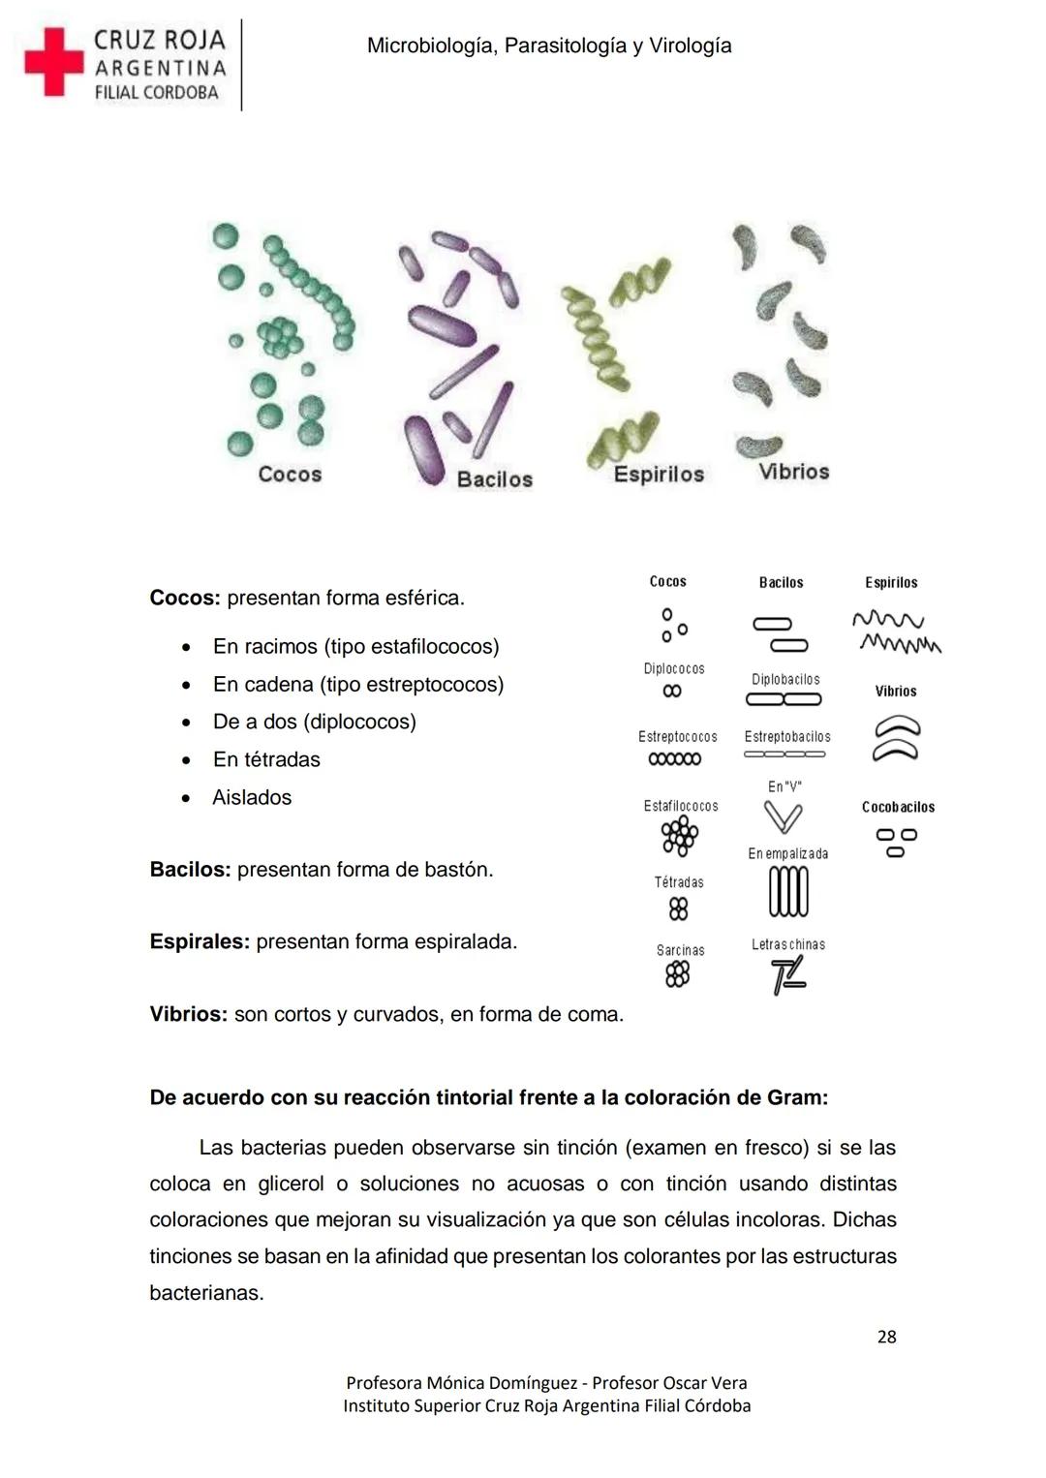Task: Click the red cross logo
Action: click(54, 62)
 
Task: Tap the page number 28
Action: click(886, 1337)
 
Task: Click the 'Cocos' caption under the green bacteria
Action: click(290, 474)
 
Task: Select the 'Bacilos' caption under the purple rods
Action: click(494, 479)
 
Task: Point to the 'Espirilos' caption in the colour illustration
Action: click(659, 474)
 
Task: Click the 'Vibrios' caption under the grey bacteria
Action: click(793, 472)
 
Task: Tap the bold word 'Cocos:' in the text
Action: click(184, 598)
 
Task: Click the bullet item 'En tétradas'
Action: click(266, 759)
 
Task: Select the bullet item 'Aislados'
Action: click(252, 797)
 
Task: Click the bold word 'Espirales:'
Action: click(200, 941)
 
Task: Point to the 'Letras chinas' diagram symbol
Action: click(788, 976)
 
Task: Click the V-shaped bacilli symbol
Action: click(783, 818)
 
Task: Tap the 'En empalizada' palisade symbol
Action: click(788, 891)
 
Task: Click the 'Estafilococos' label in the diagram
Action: click(681, 806)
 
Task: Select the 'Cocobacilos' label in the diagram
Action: click(898, 807)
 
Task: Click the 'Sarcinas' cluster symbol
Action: click(678, 974)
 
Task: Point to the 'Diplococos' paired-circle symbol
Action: click(672, 692)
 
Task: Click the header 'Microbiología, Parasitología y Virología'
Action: click(549, 46)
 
